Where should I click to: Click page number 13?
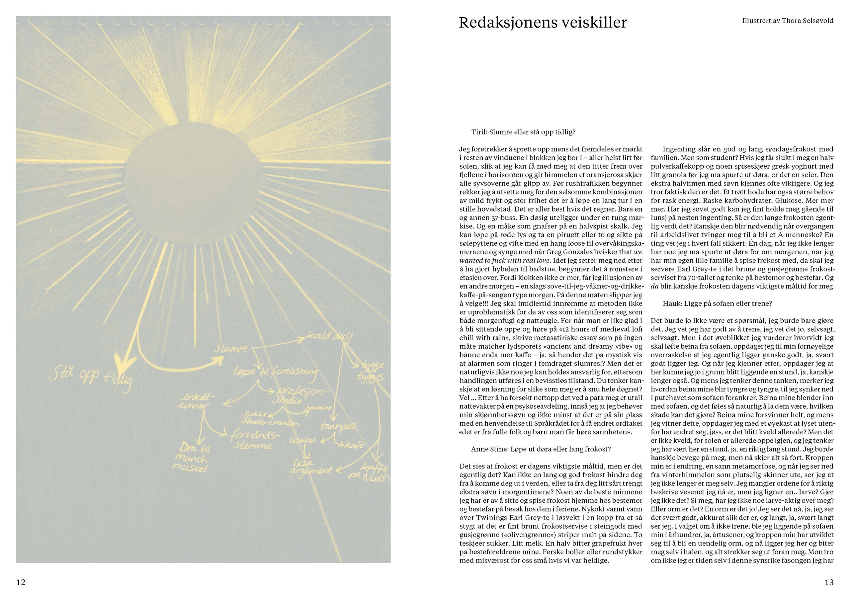(x=829, y=582)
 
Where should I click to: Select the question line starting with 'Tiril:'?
(x=524, y=132)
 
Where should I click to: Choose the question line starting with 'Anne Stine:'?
(x=541, y=449)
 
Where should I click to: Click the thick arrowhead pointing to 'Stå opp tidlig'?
(x=121, y=361)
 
